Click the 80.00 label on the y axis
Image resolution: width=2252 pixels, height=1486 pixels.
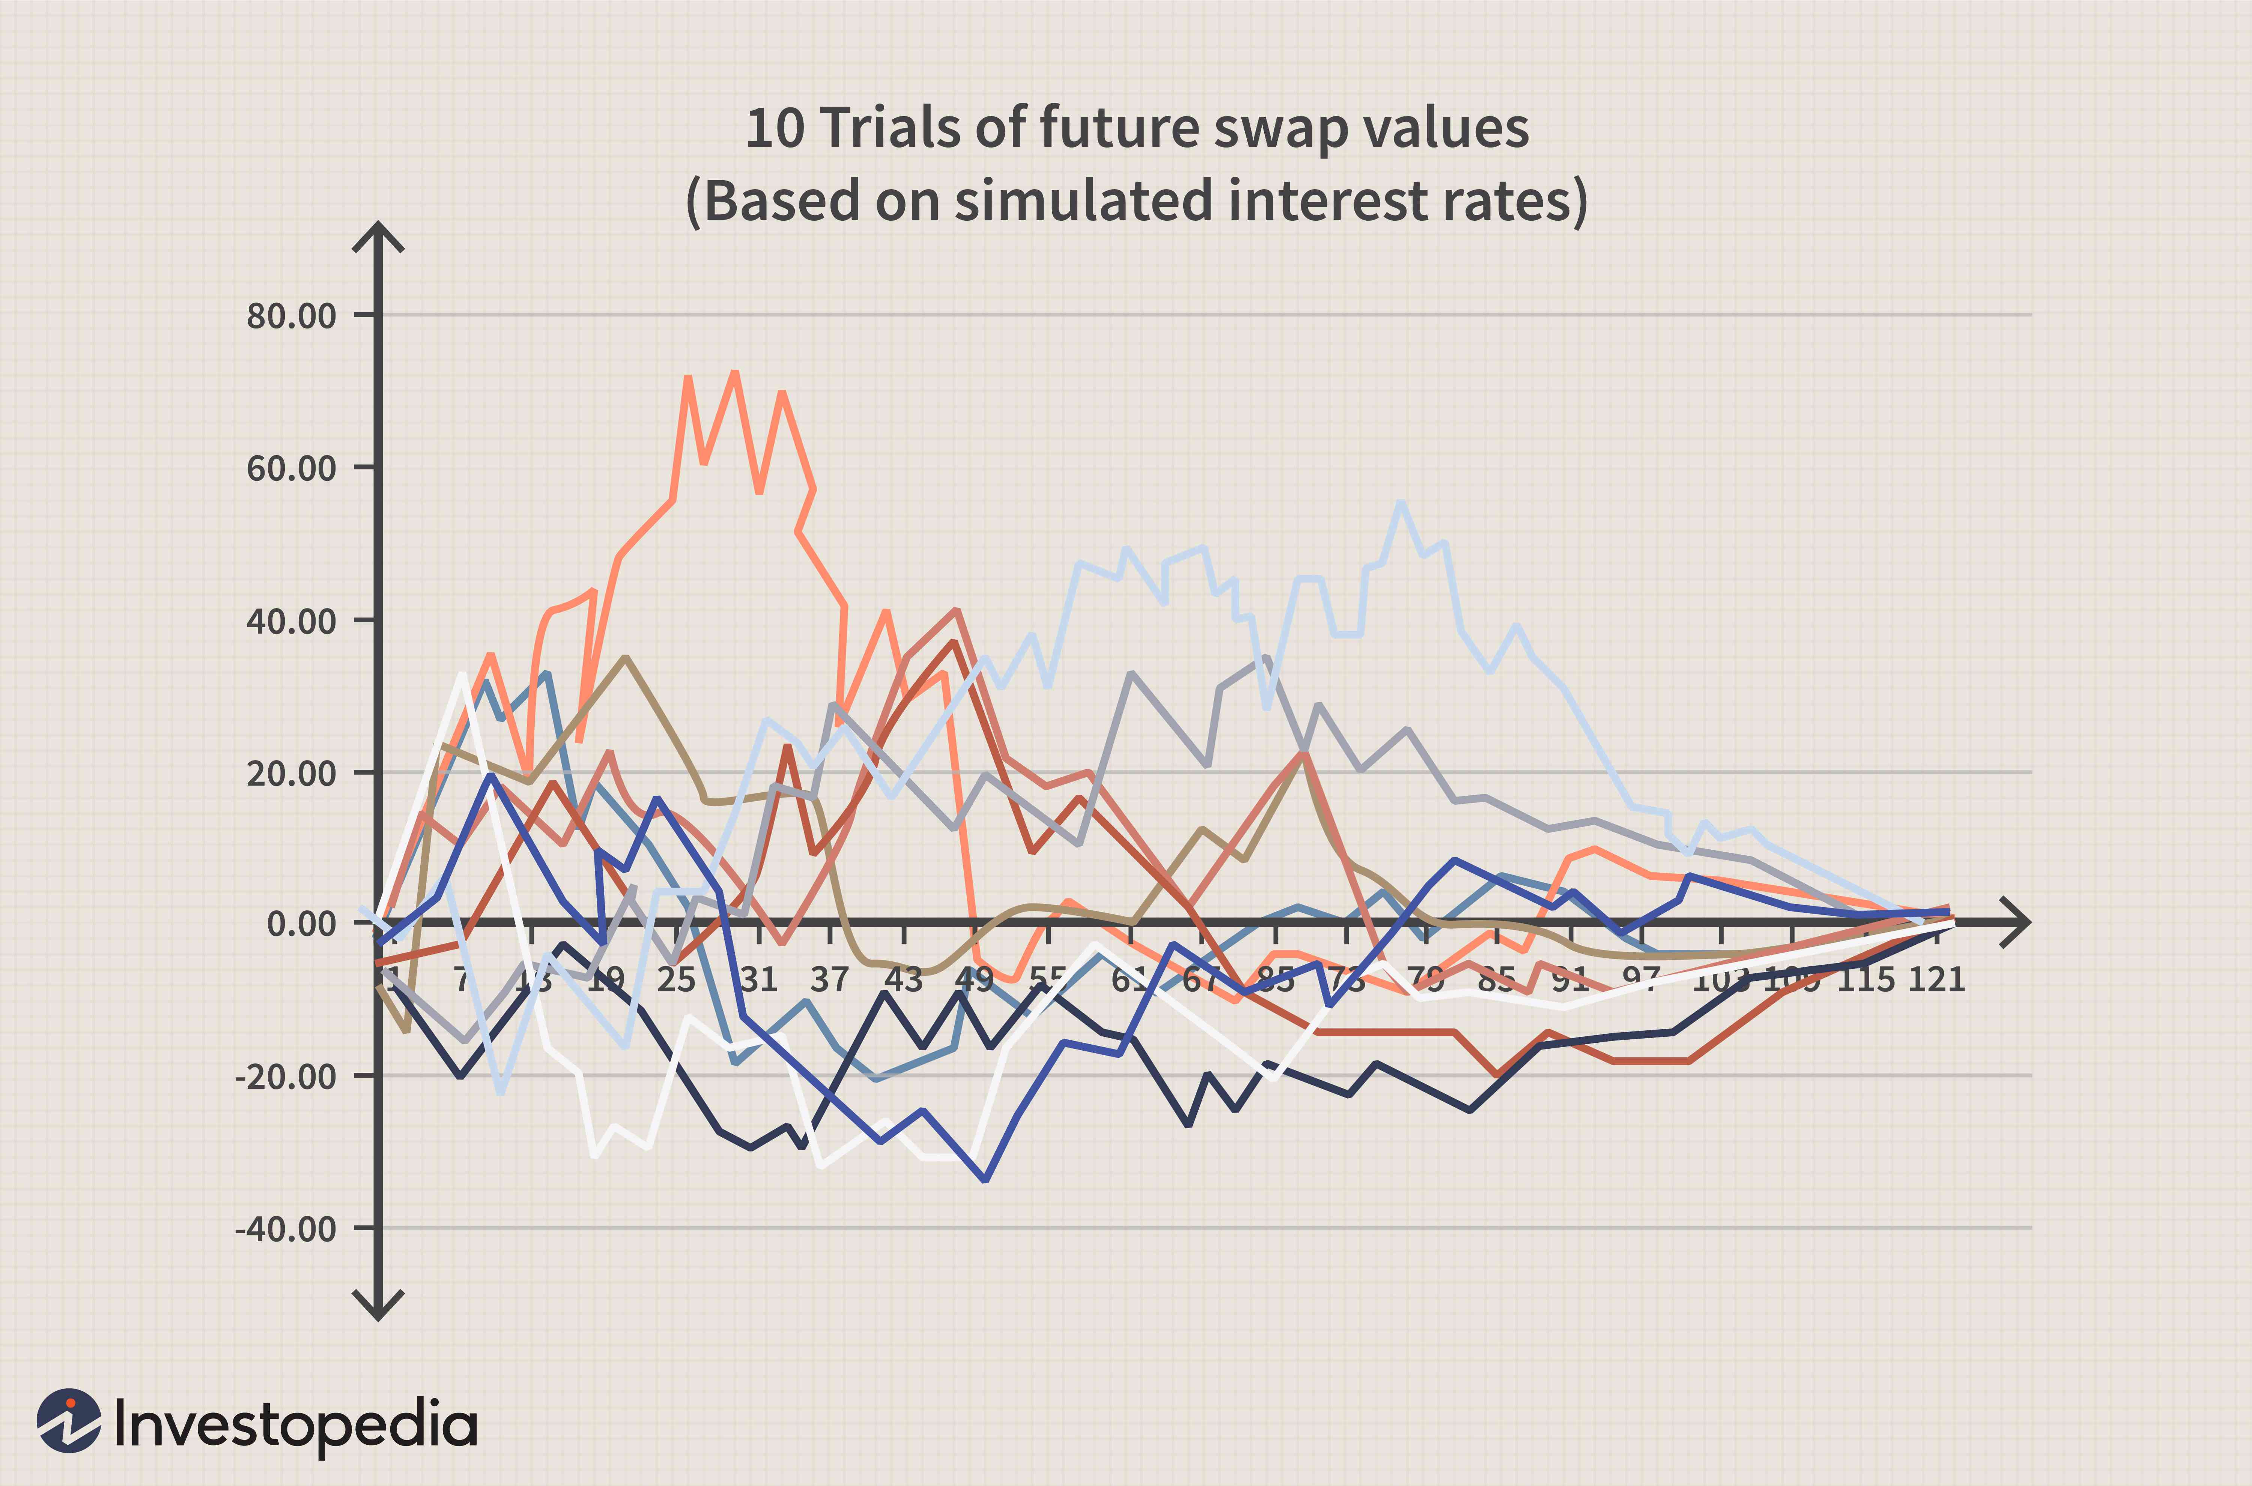point(291,316)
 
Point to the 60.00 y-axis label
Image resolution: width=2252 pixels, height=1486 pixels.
point(291,468)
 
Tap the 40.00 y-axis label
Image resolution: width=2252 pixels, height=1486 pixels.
point(291,622)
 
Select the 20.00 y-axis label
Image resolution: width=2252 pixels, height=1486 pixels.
point(291,773)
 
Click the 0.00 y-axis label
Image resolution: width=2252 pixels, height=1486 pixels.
point(301,923)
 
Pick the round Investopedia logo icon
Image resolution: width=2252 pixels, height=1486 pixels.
point(68,1421)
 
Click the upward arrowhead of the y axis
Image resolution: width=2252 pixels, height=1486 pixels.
point(378,235)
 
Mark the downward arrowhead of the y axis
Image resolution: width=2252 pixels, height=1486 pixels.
point(378,1308)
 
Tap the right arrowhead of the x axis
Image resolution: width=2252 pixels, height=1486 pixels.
point(2018,921)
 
